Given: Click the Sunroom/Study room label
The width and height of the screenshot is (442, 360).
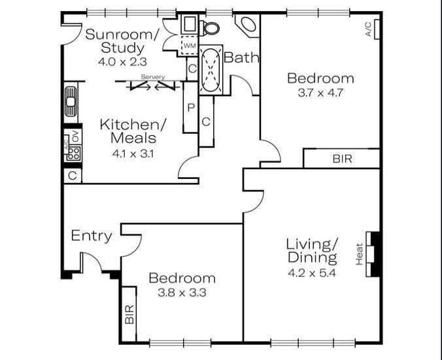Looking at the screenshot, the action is [x=122, y=41].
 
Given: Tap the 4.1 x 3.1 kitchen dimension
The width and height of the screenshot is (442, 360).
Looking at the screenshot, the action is [x=133, y=154].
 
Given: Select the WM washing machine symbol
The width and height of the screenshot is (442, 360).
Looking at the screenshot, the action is [x=190, y=45].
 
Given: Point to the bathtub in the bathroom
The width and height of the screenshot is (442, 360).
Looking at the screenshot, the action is [x=211, y=70].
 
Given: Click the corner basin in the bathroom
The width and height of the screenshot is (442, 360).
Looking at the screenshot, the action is [x=248, y=25].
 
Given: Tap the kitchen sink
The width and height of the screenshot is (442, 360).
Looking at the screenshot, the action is [x=71, y=101].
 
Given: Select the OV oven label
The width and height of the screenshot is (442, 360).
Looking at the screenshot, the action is [x=76, y=137].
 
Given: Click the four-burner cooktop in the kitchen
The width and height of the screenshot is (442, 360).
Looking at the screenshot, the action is [x=74, y=154].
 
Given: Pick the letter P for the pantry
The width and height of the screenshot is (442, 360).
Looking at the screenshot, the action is [x=191, y=107].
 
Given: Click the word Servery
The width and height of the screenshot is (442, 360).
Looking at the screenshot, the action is [x=153, y=77].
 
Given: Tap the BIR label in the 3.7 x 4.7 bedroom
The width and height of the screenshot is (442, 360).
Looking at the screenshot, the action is [x=342, y=159].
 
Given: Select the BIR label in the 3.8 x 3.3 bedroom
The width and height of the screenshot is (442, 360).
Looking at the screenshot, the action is [x=129, y=314].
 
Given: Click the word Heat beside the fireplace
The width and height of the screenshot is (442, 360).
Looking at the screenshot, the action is [x=359, y=254].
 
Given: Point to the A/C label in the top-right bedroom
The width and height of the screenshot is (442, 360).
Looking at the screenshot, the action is [x=368, y=29].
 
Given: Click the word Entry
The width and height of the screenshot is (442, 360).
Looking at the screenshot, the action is [x=92, y=236].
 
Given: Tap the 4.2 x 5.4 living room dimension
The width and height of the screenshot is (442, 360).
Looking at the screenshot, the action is [x=312, y=273].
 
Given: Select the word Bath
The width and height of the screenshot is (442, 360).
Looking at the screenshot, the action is [x=241, y=57].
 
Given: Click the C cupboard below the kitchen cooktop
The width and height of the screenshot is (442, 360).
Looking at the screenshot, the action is [x=73, y=176].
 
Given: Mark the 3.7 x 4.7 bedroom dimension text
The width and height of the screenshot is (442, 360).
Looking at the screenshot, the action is [x=320, y=93].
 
